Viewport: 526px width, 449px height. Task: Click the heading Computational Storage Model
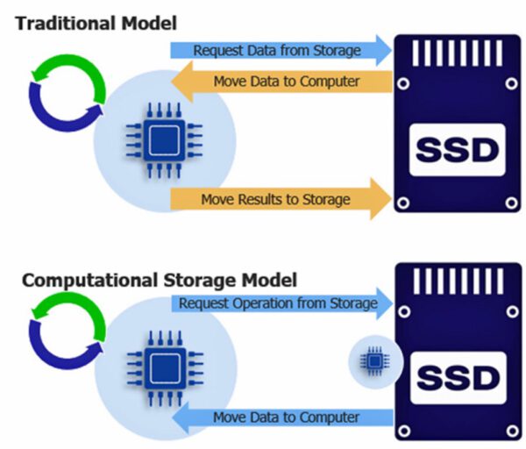click(158, 281)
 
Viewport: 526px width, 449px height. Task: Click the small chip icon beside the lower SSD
click(374, 360)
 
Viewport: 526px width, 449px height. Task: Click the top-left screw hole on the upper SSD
click(403, 85)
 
